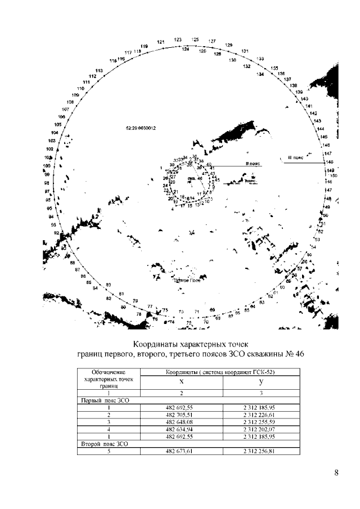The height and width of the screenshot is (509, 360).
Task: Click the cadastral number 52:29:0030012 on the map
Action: (141, 128)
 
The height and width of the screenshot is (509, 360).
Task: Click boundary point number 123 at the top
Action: (178, 40)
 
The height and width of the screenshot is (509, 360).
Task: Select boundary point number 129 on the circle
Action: (229, 45)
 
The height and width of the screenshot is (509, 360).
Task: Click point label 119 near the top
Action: (144, 46)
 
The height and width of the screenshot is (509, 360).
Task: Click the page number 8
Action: (336, 472)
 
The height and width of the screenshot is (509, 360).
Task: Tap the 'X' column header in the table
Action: (181, 381)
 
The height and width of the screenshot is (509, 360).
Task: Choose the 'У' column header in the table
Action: (261, 381)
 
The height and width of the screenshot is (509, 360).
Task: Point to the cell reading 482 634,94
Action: (181, 428)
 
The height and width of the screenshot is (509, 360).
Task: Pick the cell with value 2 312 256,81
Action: (261, 451)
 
